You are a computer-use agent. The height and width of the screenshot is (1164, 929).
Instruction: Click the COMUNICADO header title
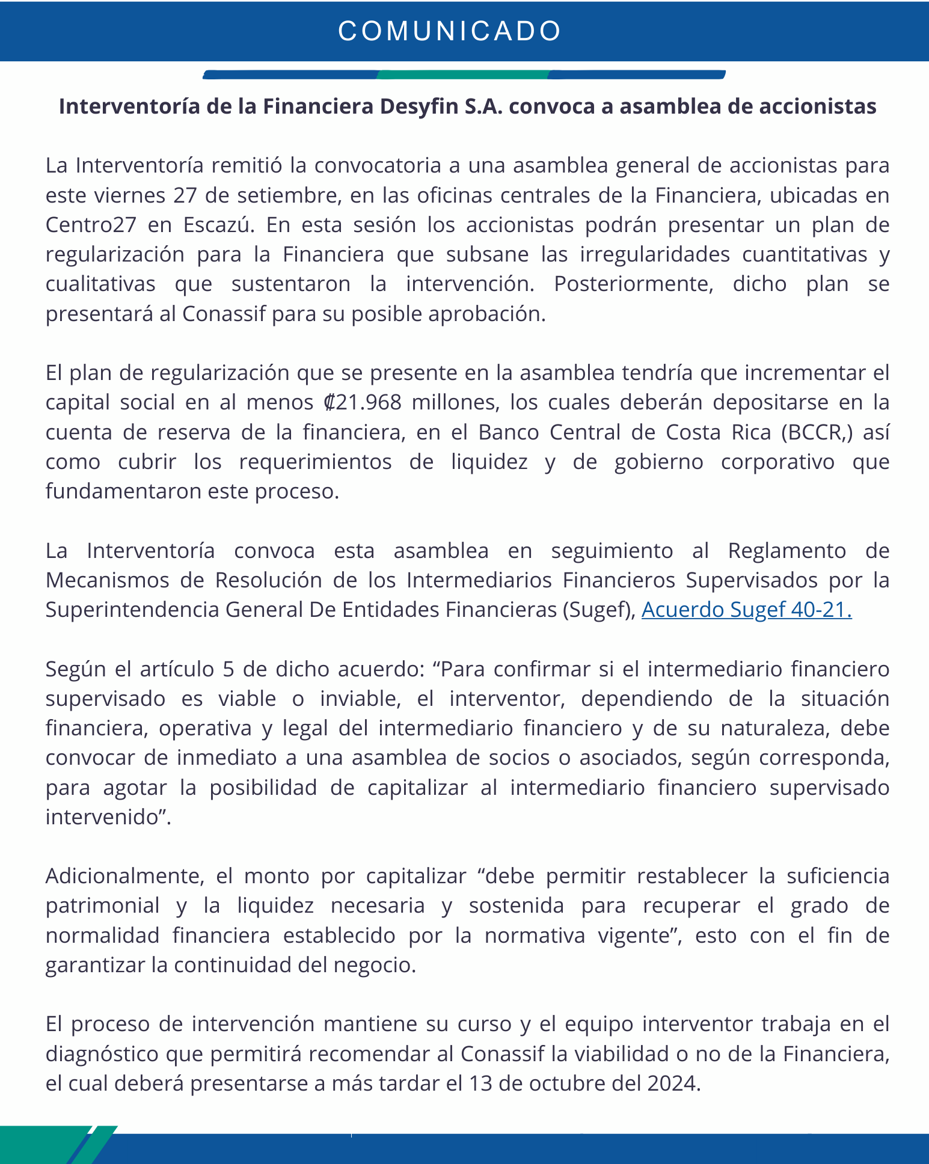(x=450, y=31)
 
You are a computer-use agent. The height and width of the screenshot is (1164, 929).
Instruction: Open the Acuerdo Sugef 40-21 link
(x=746, y=610)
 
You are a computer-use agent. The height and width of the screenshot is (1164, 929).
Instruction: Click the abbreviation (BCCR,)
(x=818, y=432)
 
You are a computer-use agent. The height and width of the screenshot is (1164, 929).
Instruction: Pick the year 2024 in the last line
(x=673, y=1083)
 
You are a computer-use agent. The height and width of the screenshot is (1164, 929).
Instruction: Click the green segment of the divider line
(x=464, y=75)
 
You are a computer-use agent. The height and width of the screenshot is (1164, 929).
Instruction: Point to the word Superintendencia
(x=132, y=610)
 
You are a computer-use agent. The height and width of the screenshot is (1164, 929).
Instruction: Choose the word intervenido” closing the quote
(x=108, y=817)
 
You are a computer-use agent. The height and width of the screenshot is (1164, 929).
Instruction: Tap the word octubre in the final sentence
(x=563, y=1083)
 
